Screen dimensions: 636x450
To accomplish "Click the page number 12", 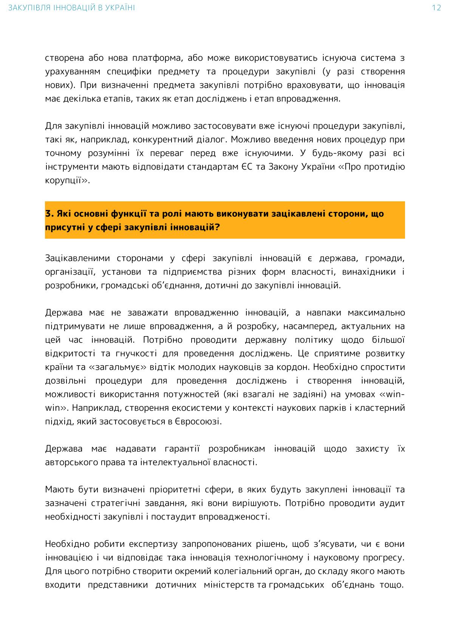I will coord(436,8).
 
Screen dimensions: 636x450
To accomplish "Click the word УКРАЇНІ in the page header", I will coord(121,8).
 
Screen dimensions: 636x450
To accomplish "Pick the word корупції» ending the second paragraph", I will coord(68,181).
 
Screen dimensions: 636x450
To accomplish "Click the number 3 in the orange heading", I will coord(48,214).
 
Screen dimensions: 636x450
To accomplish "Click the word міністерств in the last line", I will coord(229,585).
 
